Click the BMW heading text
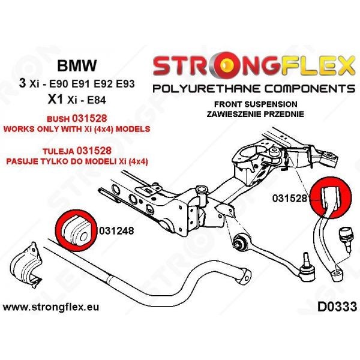pyautogui.click(x=77, y=65)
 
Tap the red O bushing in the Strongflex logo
pyautogui.click(x=227, y=65)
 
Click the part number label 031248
pyautogui.click(x=116, y=231)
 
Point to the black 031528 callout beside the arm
pyautogui.click(x=290, y=198)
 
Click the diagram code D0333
pyautogui.click(x=337, y=307)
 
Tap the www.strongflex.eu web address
pyautogui.click(x=51, y=307)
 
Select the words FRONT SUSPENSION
pyautogui.click(x=256, y=104)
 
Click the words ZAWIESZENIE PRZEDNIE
pyautogui.click(x=256, y=114)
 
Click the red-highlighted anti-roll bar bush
pyautogui.click(x=76, y=230)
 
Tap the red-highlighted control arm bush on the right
pyautogui.click(x=331, y=197)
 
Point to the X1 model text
pyautogui.click(x=55, y=100)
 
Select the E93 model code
pyautogui.click(x=125, y=84)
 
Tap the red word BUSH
pyautogui.click(x=58, y=119)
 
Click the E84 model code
pyautogui.click(x=96, y=100)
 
